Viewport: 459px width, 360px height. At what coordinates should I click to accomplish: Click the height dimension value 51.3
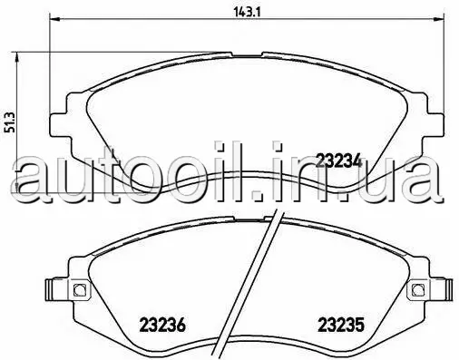pos(11,122)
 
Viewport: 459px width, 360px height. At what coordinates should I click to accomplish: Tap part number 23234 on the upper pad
pos(338,161)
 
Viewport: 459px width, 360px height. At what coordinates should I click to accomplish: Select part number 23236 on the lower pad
pos(162,326)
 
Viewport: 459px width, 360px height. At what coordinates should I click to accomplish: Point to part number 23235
pos(341,326)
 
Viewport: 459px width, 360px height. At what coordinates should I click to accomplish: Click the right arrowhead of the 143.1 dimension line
pos(439,20)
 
